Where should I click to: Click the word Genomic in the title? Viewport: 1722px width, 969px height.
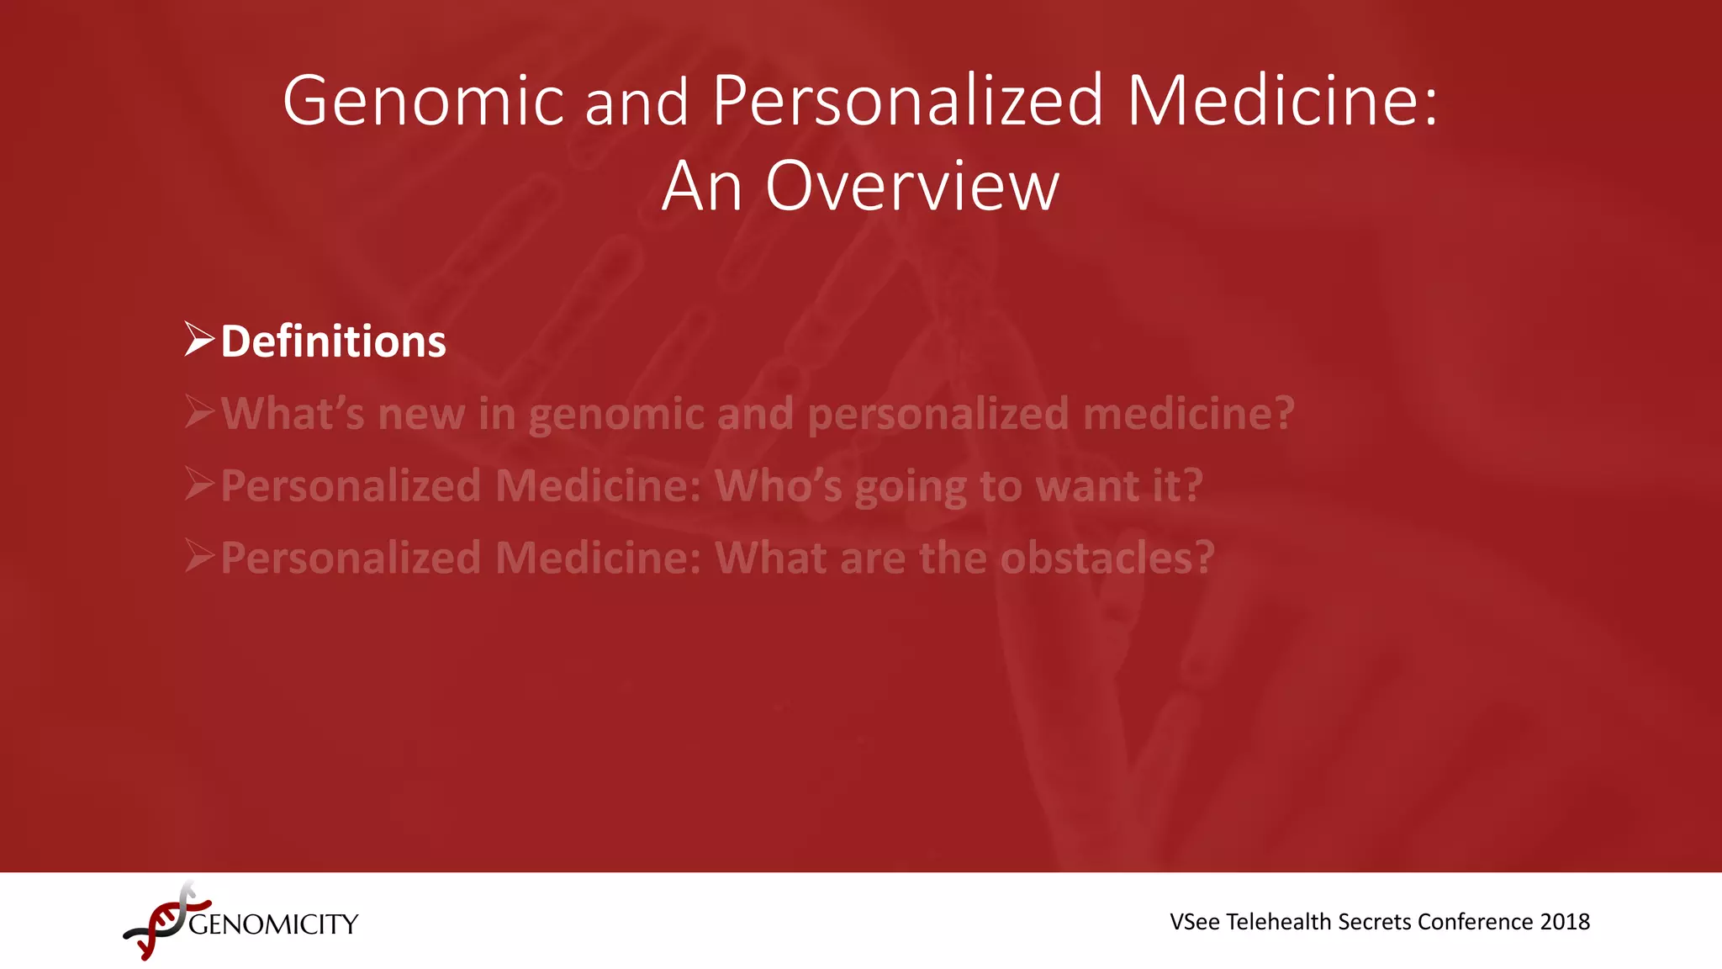(423, 101)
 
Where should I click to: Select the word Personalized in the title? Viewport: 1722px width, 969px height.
(907, 101)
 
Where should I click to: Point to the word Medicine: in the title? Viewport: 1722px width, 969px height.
(1282, 101)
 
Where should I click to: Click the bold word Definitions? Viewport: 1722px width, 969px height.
(333, 342)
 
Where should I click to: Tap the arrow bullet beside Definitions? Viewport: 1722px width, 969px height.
(199, 339)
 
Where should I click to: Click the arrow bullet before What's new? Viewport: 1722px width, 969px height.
(199, 411)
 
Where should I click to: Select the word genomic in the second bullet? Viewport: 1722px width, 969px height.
(616, 414)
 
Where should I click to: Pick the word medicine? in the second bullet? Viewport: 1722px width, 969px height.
(1188, 414)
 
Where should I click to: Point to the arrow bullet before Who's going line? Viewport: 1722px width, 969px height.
(199, 484)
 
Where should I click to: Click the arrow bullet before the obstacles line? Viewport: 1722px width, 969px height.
(199, 556)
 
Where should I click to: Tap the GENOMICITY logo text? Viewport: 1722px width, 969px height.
(273, 924)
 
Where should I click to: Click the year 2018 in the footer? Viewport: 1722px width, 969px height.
(1565, 922)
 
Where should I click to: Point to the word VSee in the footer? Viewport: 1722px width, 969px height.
(1195, 922)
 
